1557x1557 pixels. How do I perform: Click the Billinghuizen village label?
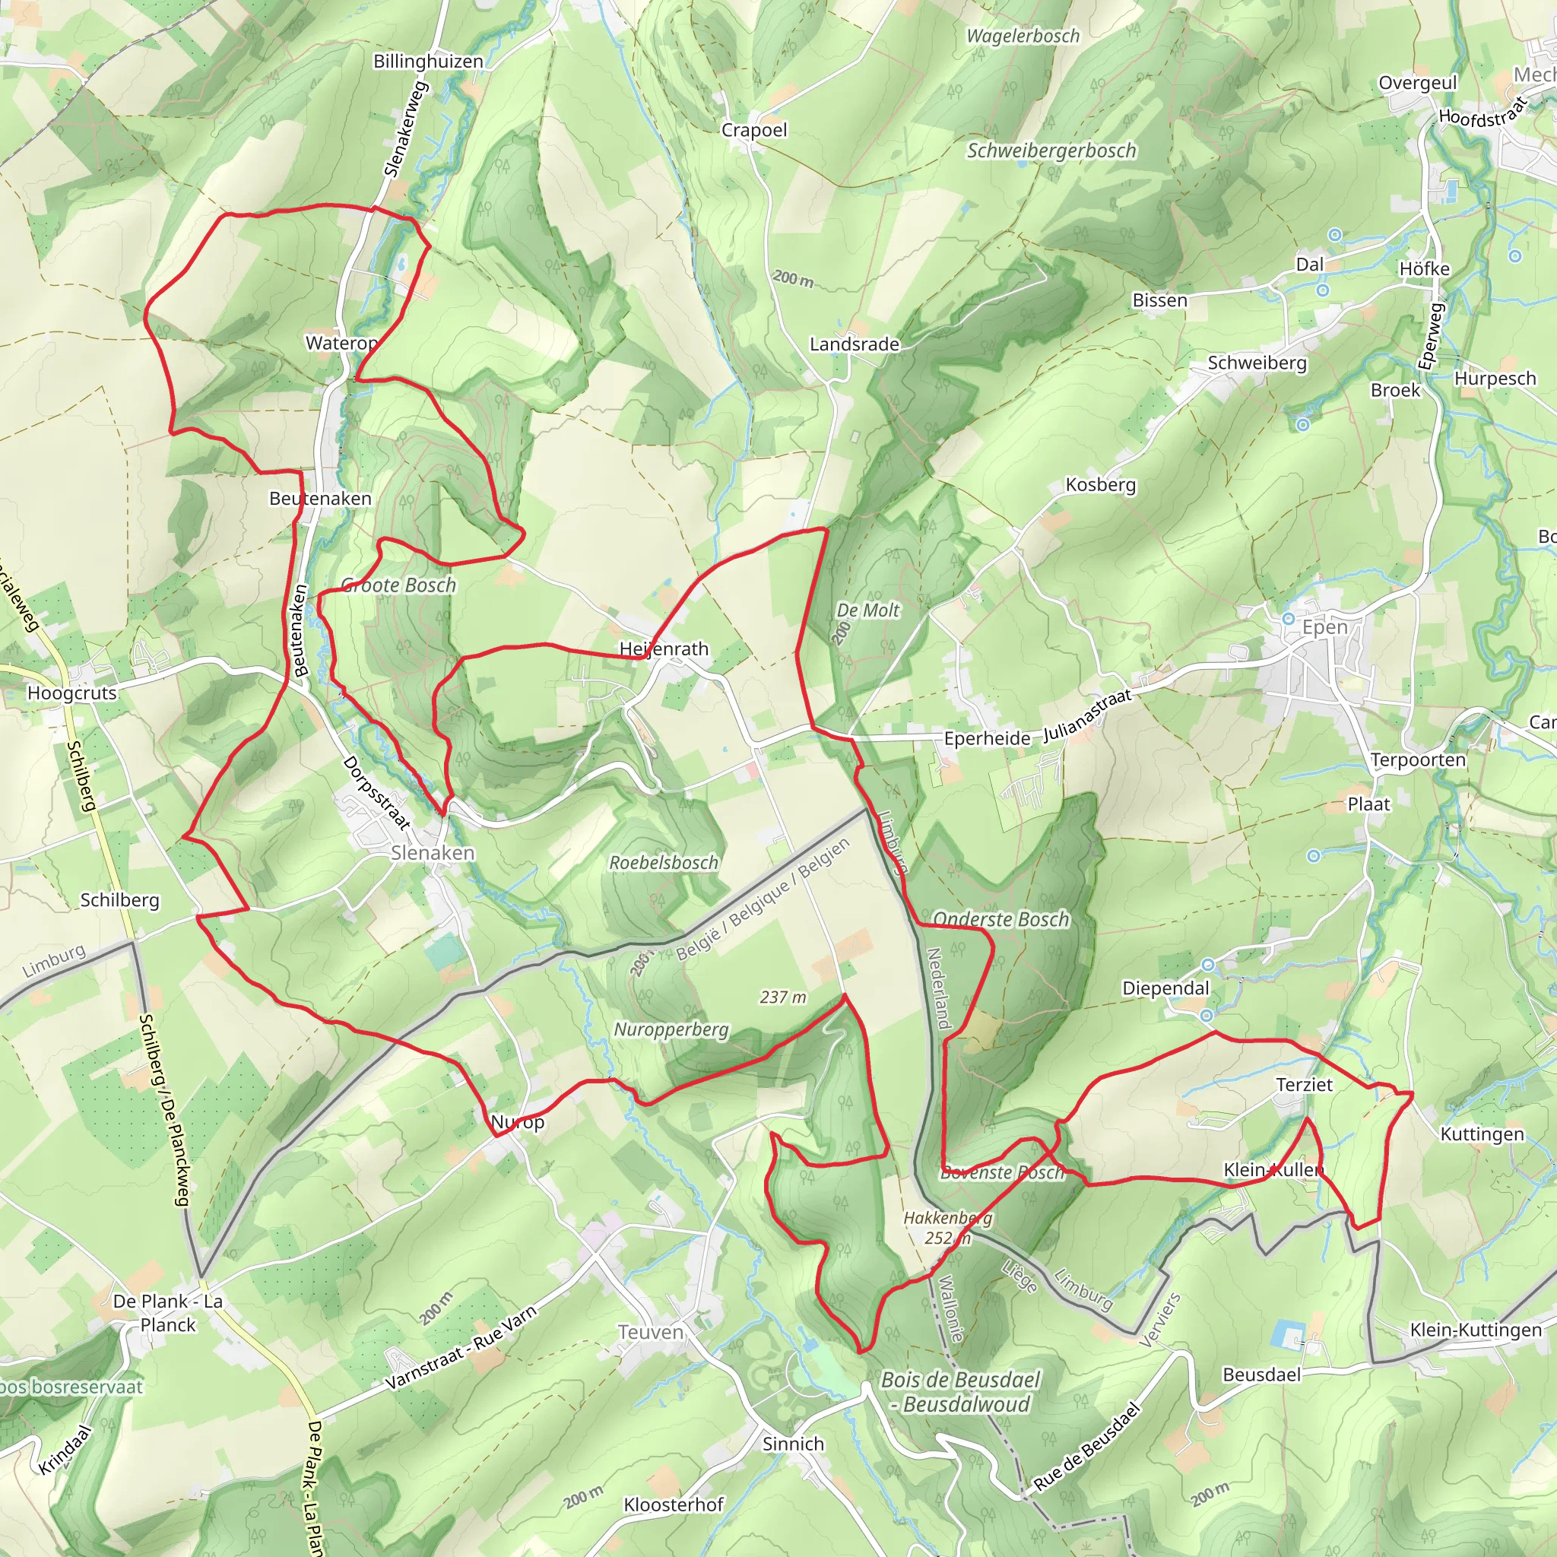coord(428,62)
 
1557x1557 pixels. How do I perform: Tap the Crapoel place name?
coord(753,130)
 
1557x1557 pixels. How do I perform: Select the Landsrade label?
coord(855,344)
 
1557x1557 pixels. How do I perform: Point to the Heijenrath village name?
coord(664,648)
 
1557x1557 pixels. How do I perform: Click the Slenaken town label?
coord(433,853)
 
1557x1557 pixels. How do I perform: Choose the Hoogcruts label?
coord(71,693)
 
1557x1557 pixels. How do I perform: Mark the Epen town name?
coord(1324,627)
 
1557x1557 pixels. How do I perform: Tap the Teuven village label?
coord(650,1332)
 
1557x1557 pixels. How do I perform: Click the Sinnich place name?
coord(793,1444)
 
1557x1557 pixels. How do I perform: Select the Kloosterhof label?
coord(674,1505)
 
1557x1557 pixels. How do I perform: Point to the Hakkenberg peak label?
coord(947,1218)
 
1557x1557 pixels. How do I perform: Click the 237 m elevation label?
coord(782,997)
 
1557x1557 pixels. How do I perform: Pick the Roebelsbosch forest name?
coord(663,862)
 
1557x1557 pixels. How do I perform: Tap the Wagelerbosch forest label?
coord(1023,36)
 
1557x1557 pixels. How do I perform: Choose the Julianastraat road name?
coord(1087,715)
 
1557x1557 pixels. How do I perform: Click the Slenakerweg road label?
coord(405,129)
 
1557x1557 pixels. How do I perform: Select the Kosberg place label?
coord(1100,484)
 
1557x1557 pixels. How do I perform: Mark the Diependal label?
coord(1165,988)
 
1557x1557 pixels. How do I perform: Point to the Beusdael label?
coord(1261,1374)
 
